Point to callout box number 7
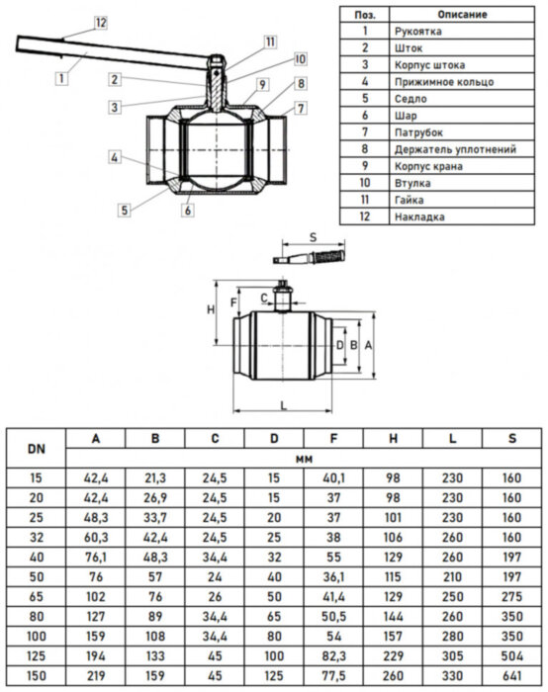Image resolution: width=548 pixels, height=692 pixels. pos(301,107)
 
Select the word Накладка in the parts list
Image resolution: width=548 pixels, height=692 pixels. pos(418,216)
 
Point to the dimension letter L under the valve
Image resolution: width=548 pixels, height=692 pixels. pos(283,406)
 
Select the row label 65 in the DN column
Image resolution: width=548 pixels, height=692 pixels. pos(37,598)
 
